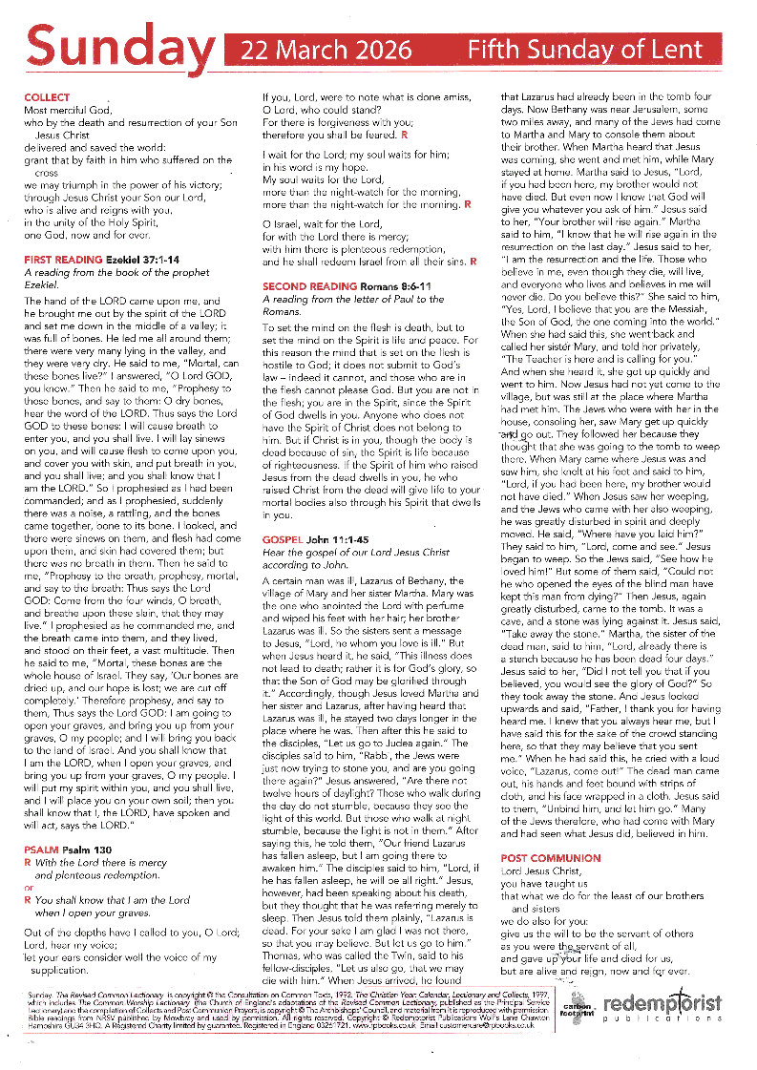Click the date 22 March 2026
pos(326,51)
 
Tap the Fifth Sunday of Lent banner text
pos(592,51)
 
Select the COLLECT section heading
pos(47,98)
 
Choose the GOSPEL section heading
pos(284,540)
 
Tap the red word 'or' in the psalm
pos(29,886)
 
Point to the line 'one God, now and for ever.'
pos(87,234)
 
